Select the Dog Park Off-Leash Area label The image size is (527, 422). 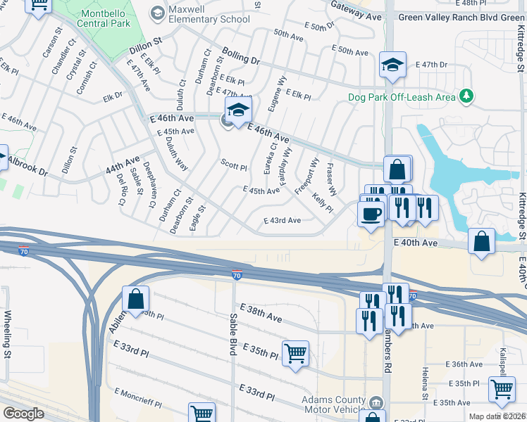(402, 97)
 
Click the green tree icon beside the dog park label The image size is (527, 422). (466, 96)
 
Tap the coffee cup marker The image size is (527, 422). (370, 213)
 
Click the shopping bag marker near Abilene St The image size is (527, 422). (135, 300)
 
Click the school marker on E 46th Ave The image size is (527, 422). (238, 111)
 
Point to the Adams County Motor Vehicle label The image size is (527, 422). (335, 404)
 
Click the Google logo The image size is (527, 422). (23, 414)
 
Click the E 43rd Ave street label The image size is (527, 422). (282, 220)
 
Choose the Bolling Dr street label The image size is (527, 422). (241, 56)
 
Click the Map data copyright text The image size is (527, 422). (497, 416)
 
